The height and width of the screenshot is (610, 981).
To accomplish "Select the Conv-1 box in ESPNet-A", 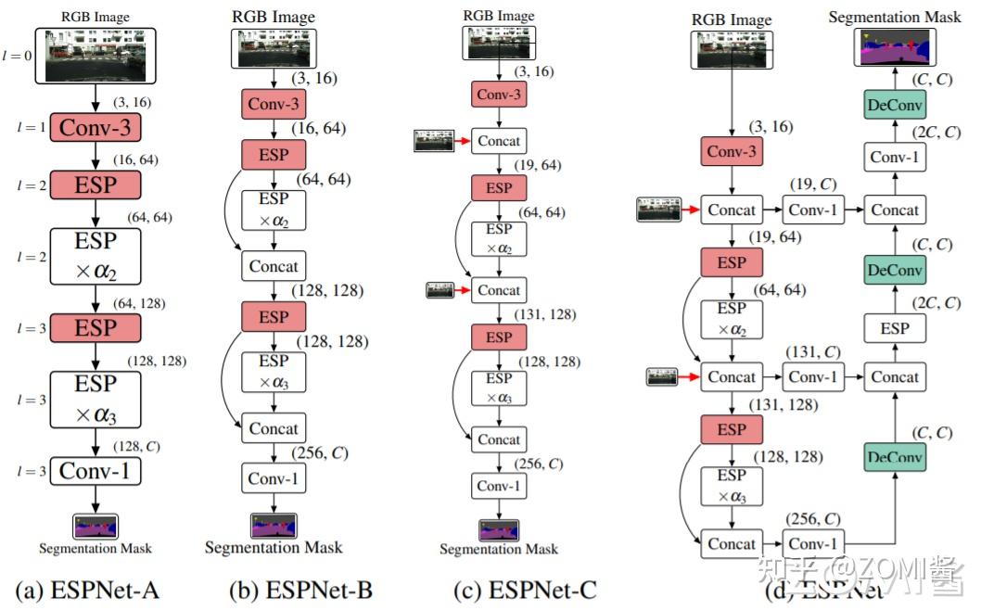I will (x=95, y=471).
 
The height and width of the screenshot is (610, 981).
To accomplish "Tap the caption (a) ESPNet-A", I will (x=95, y=588).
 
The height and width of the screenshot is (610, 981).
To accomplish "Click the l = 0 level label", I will (x=16, y=56).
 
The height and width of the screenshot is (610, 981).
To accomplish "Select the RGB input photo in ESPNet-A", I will (x=95, y=56).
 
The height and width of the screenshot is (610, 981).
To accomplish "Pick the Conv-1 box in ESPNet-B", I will (x=274, y=479).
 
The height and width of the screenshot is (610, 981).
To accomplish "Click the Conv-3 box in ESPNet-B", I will (x=274, y=104).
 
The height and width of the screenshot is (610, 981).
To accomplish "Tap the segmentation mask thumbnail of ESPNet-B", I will (x=274, y=526).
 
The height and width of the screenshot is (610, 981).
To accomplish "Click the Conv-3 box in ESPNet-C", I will (x=499, y=94).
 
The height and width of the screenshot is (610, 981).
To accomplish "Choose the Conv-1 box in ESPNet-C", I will (x=499, y=486).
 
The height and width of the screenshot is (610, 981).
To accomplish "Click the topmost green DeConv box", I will (x=894, y=105).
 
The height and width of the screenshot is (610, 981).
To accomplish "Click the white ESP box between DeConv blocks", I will (x=894, y=328).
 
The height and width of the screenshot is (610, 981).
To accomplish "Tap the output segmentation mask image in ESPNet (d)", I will (x=894, y=48).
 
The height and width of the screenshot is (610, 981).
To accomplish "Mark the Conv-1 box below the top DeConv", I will (x=894, y=158).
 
